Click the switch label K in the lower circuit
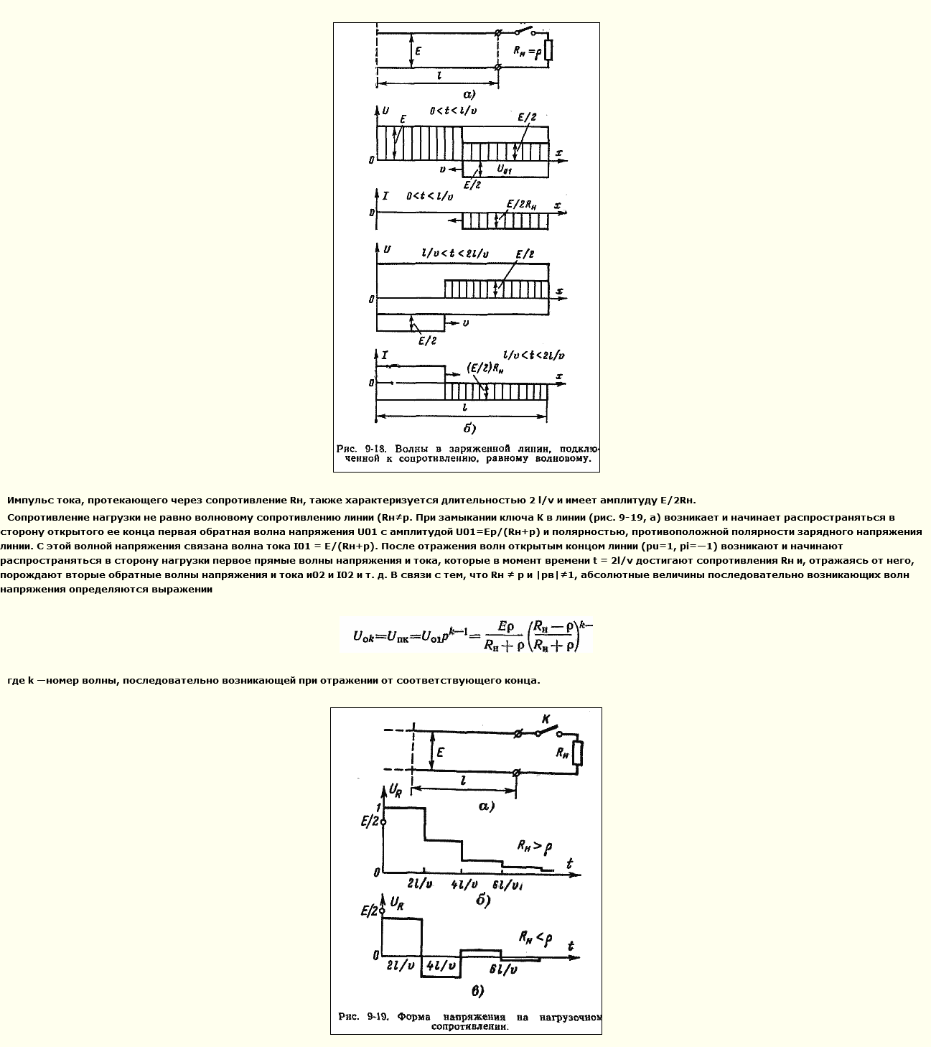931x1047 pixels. click(x=546, y=719)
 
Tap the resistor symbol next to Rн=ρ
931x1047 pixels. click(x=549, y=50)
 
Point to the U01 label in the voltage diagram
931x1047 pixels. click(x=504, y=169)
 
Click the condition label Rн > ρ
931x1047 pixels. click(x=534, y=847)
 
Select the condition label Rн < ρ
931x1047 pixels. click(x=535, y=937)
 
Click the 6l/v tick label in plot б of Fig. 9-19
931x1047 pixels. click(x=507, y=885)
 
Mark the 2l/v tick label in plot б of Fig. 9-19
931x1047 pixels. click(x=420, y=884)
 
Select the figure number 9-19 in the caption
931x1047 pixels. click(x=378, y=1017)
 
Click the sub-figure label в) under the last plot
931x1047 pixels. click(x=477, y=992)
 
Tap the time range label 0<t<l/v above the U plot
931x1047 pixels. click(x=453, y=111)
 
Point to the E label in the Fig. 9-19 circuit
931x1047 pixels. click(x=440, y=752)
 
